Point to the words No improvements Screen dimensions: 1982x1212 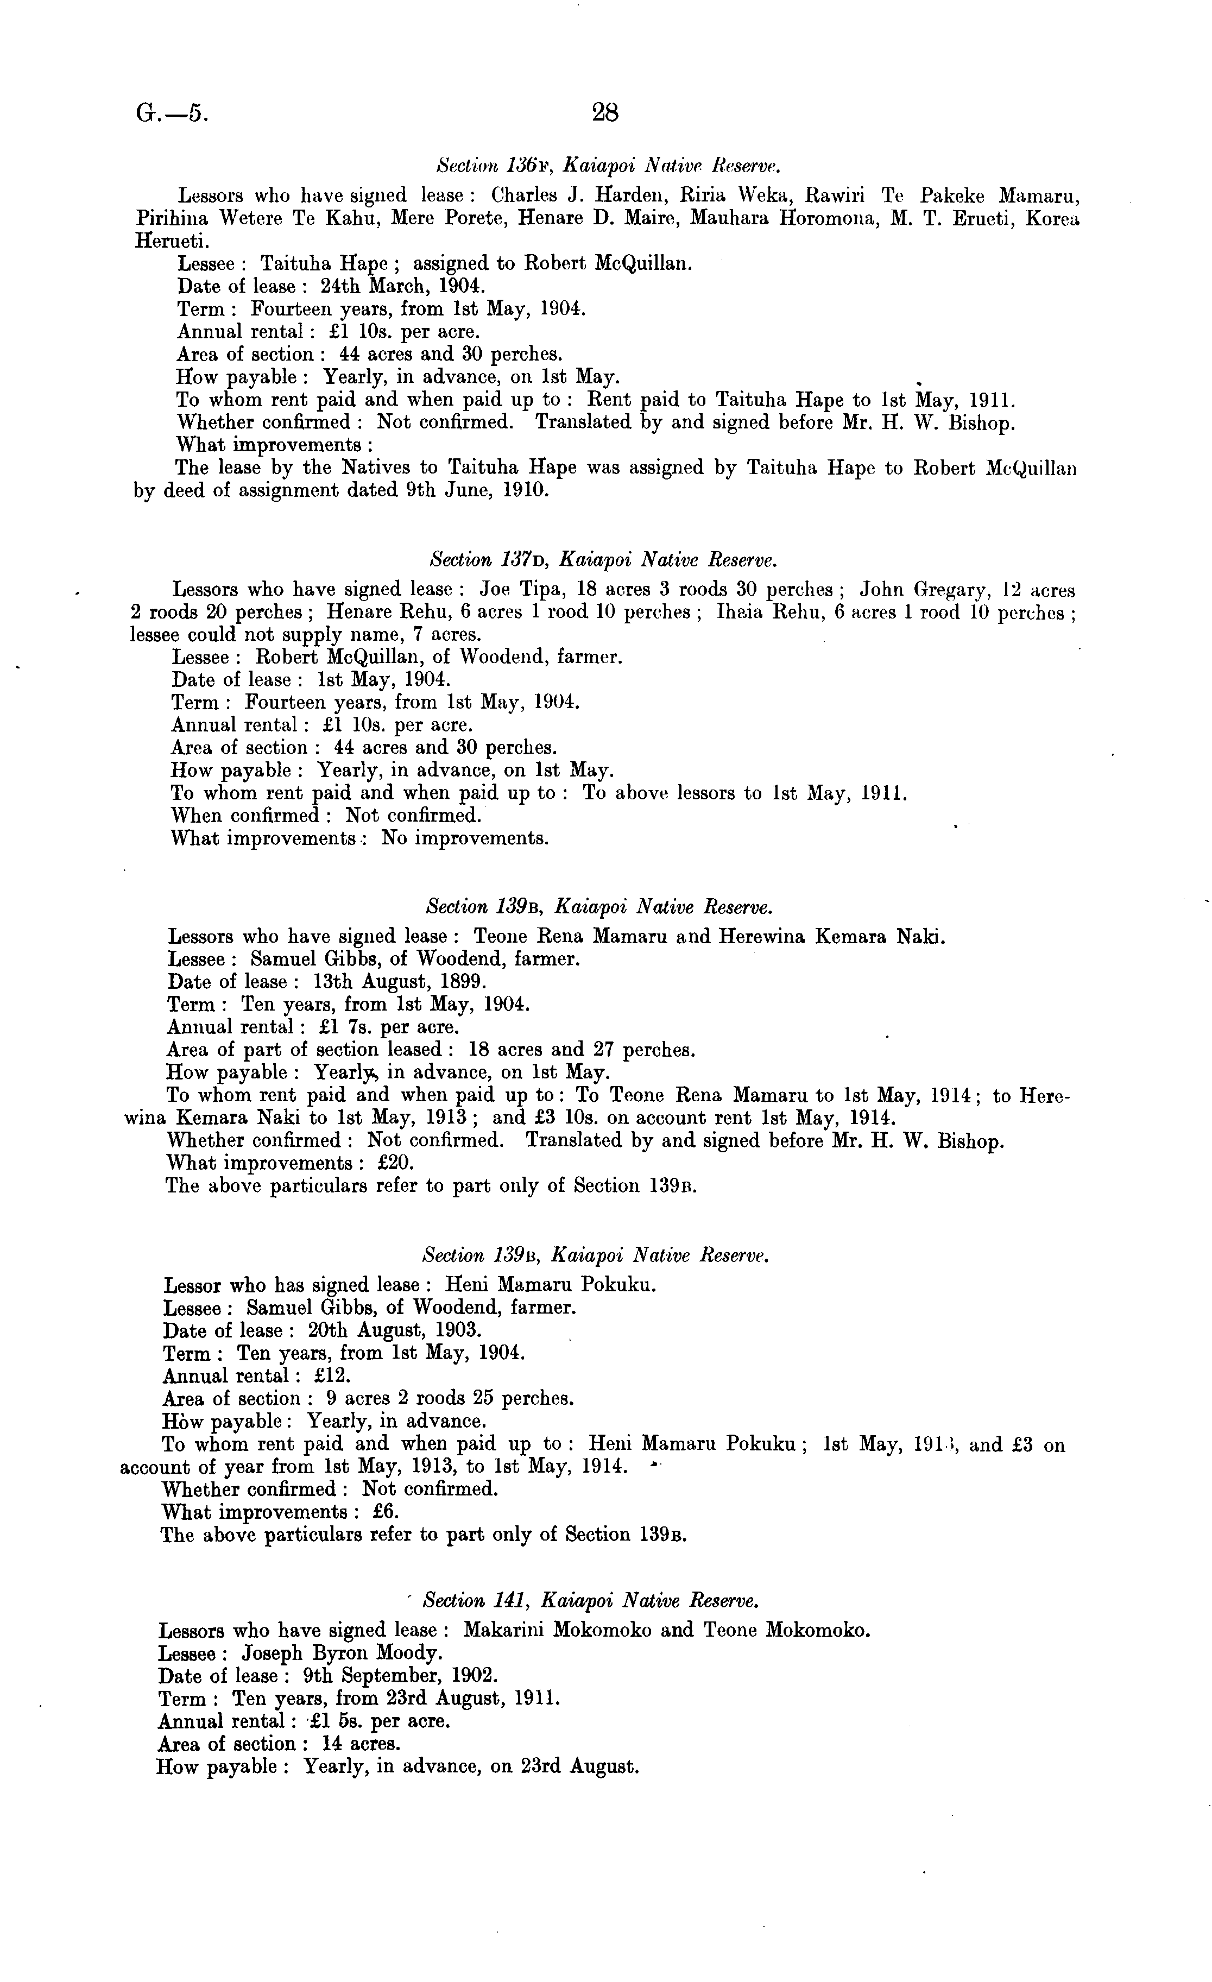pos(465,838)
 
